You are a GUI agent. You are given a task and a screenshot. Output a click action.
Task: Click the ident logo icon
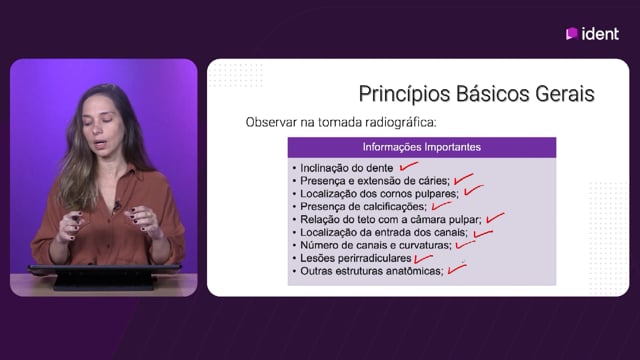point(571,34)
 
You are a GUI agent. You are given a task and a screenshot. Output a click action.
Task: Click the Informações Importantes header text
point(422,147)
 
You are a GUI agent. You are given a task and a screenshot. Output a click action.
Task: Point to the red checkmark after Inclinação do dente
point(409,166)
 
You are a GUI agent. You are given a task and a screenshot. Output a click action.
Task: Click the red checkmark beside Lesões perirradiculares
point(423,259)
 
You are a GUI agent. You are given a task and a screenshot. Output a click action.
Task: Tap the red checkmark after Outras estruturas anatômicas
point(457,269)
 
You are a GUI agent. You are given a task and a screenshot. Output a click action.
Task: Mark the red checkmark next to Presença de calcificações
point(442,205)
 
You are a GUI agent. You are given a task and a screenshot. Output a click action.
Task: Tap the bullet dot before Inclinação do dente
point(294,168)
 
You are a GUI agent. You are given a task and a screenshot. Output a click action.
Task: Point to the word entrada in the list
point(390,232)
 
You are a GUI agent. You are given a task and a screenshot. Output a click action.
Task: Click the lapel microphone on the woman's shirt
point(117,205)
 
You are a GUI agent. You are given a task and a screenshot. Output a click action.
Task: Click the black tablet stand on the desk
point(104,277)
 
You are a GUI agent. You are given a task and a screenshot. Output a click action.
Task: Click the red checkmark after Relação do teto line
point(495,218)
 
